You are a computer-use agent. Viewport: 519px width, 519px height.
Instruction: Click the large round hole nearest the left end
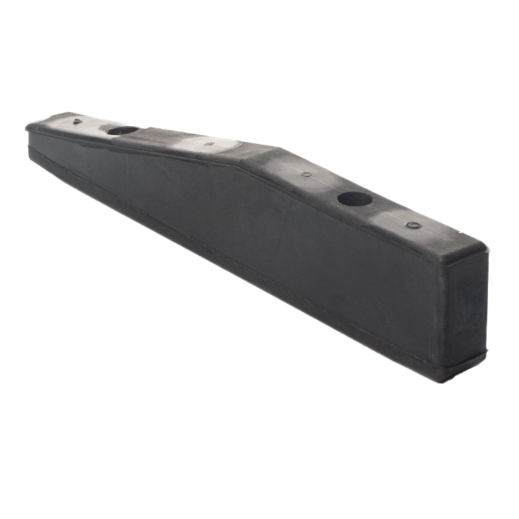tap(122, 130)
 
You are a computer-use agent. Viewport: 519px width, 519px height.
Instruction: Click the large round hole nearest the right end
tap(354, 199)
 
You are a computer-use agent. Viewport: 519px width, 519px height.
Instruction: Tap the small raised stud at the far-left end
tap(78, 122)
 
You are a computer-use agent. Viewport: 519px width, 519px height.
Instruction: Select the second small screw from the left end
tap(209, 143)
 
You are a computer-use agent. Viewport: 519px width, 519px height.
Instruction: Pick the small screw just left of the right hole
tap(306, 174)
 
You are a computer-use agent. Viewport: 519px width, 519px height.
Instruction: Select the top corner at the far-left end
tap(27, 126)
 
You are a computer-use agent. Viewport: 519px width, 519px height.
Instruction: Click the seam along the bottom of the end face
tap(466, 362)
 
